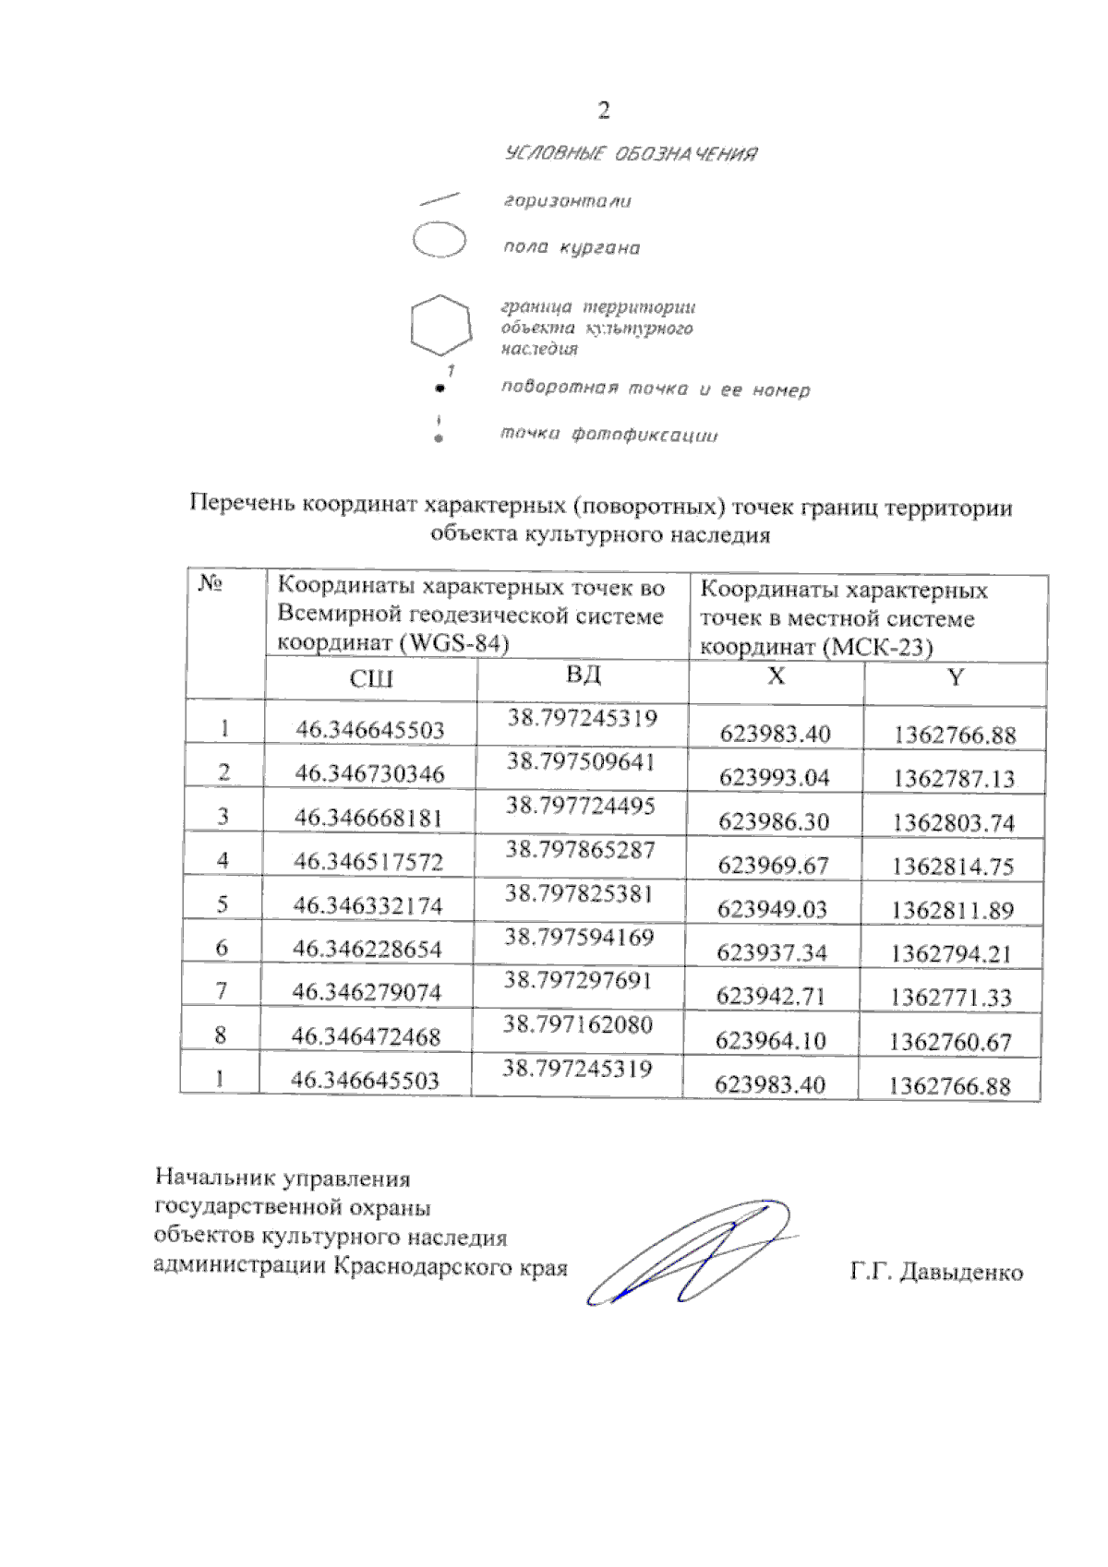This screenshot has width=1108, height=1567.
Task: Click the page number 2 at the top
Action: point(603,112)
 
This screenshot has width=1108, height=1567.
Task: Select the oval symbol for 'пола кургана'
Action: point(439,240)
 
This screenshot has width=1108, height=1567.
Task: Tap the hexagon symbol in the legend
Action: point(440,325)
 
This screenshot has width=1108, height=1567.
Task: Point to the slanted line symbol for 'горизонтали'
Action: point(440,198)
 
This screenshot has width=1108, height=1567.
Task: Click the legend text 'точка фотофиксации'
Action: point(608,434)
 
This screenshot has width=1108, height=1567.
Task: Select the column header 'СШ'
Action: point(371,680)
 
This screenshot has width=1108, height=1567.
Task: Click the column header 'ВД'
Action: point(583,675)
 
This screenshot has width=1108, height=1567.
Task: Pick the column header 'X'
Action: point(776,676)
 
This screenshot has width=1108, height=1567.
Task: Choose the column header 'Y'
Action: point(956,678)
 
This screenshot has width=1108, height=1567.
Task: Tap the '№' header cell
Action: point(211,584)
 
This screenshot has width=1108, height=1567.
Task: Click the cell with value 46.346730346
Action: point(369,773)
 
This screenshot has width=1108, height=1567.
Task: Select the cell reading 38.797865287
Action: point(580,849)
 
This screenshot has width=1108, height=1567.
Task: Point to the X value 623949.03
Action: point(772,909)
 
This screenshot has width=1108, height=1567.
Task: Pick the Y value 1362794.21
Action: point(951,953)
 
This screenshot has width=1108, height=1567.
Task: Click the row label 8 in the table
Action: point(220,1035)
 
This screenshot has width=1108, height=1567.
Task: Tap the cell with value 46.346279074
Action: point(367,992)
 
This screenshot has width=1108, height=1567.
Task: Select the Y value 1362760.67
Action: point(950,1042)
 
